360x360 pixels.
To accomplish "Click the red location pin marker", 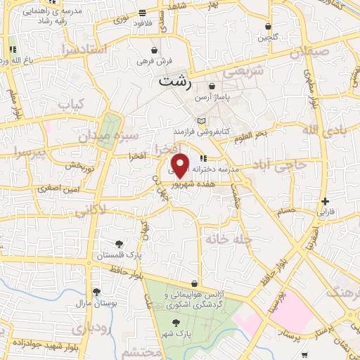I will tap(180, 164).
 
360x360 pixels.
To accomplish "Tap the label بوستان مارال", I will tap(95, 303).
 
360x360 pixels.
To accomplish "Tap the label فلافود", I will tap(143, 23).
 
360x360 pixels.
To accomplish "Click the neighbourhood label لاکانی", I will tap(90, 209).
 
